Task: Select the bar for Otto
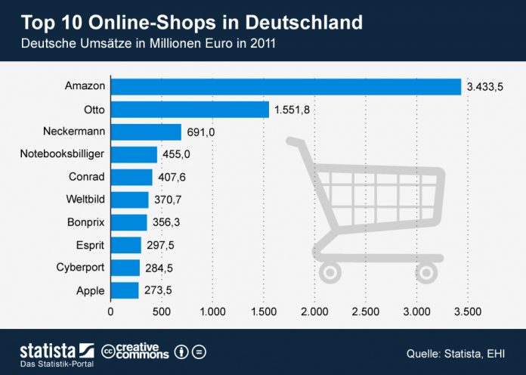pos(190,110)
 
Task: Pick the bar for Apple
pos(125,290)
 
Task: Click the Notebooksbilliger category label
pos(62,154)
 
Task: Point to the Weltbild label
pos(86,200)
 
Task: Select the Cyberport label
pos(81,268)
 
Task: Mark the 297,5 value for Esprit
pos(160,245)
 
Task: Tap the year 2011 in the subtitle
pos(262,43)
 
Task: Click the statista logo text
pos(47,350)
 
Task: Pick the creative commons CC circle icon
pos(110,352)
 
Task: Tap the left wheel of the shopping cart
pos(331,271)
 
